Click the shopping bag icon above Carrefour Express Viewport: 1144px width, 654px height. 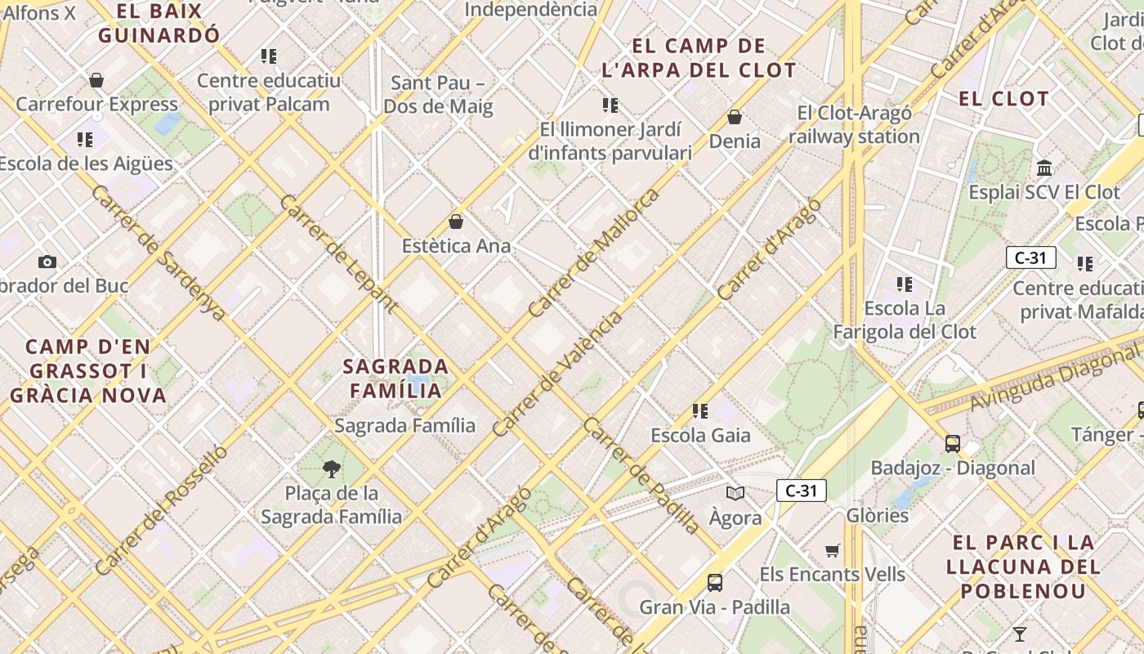(x=96, y=80)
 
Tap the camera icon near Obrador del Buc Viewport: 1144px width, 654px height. (x=47, y=262)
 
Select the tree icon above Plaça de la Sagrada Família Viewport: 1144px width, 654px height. (x=331, y=469)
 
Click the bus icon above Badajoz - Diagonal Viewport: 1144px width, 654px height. (x=952, y=444)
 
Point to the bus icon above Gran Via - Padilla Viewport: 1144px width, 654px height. (x=715, y=583)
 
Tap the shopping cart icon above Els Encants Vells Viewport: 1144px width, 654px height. (x=833, y=550)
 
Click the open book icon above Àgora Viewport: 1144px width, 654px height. (x=735, y=493)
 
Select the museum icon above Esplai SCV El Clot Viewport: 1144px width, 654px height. (x=1044, y=168)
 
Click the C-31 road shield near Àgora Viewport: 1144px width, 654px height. (x=801, y=490)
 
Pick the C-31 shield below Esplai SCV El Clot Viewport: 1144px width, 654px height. (x=1030, y=258)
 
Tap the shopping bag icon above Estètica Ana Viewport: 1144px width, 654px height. (x=456, y=222)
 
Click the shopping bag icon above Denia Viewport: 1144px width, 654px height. (x=735, y=117)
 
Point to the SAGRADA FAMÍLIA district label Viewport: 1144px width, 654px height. (x=396, y=378)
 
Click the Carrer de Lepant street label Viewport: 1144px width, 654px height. (x=338, y=254)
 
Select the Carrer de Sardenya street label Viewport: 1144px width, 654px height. (x=159, y=253)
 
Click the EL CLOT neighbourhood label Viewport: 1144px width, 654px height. (x=1003, y=99)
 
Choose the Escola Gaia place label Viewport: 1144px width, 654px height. (x=700, y=435)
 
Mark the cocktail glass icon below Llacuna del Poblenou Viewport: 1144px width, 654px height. (x=1019, y=634)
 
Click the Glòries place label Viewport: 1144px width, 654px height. (x=878, y=515)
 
